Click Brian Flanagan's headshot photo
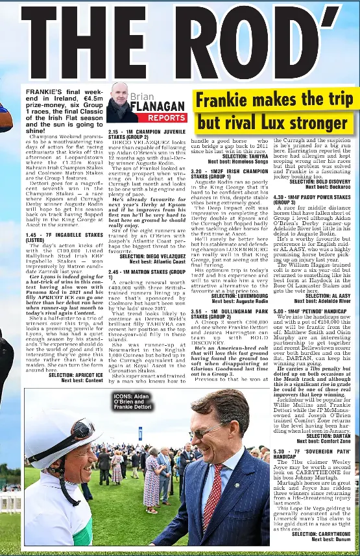121,103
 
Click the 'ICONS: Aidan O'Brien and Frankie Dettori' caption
132,401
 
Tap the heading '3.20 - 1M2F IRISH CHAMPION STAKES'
229,174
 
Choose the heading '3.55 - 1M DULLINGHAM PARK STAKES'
229,315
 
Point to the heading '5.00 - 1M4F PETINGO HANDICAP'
307,311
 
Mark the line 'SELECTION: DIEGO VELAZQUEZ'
150,256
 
